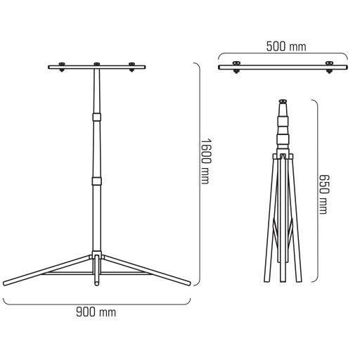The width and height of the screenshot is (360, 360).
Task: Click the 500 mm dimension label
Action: point(286,46)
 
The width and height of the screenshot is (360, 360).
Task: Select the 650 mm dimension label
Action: point(323,194)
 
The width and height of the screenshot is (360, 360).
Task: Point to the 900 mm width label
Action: point(96,311)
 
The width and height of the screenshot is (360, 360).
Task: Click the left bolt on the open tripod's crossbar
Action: point(62,67)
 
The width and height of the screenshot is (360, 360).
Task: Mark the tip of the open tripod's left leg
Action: point(6,283)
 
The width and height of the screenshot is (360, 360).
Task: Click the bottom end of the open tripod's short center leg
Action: point(96,285)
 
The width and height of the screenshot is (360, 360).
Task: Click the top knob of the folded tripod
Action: point(283,100)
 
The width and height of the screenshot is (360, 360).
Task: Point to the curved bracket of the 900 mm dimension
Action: point(96,303)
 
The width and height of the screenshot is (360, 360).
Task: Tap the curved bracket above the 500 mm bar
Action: point(283,55)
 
